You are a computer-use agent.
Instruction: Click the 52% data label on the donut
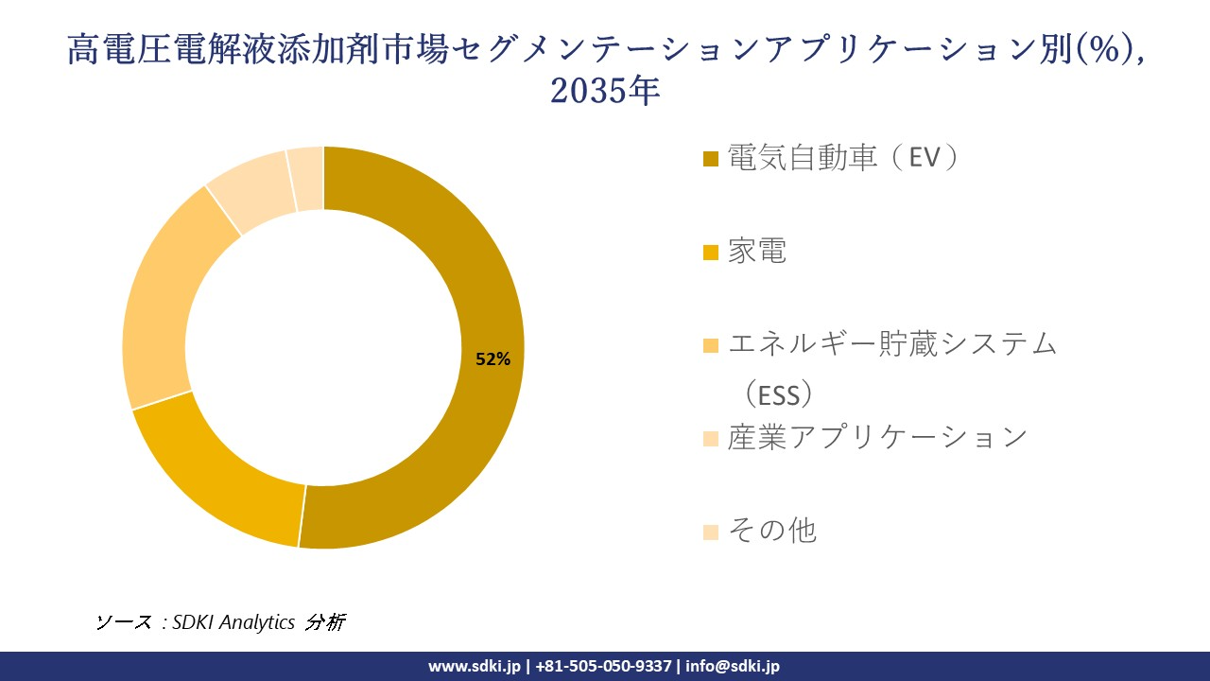click(x=493, y=359)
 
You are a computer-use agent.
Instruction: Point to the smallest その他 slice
click(x=306, y=178)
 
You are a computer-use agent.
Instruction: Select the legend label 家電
click(x=756, y=252)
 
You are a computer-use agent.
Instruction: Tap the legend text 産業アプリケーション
click(x=876, y=437)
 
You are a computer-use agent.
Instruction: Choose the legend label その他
click(x=771, y=531)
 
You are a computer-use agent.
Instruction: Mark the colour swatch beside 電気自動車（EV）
click(x=711, y=159)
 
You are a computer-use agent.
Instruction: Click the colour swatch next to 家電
click(x=711, y=253)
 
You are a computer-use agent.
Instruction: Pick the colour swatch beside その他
click(x=711, y=532)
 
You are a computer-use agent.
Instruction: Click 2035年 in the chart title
click(x=604, y=92)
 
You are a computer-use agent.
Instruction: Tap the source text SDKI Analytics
click(x=234, y=622)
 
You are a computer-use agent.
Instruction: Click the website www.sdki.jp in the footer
click(x=474, y=666)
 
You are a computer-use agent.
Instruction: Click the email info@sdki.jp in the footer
click(x=733, y=666)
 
